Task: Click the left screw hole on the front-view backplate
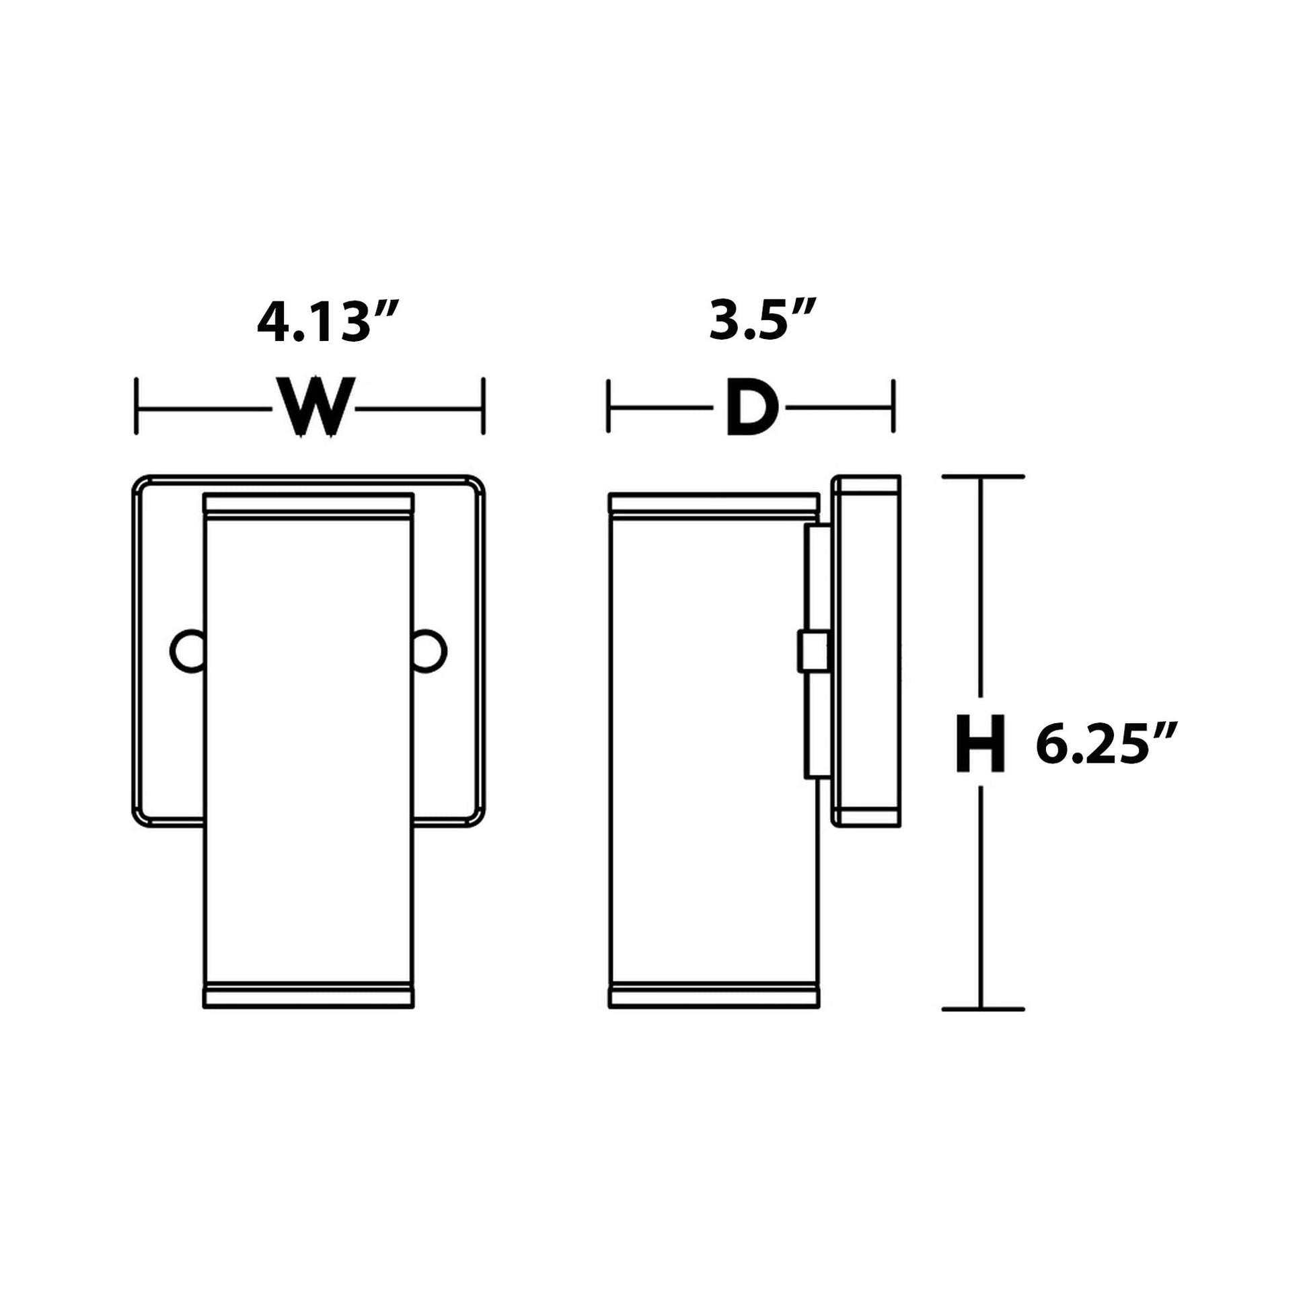click(x=187, y=651)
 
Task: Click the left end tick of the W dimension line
click(x=137, y=406)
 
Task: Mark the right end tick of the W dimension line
click(x=483, y=406)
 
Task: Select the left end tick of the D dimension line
click(x=609, y=406)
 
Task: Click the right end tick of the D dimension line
click(x=894, y=406)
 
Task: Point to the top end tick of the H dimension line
click(x=983, y=477)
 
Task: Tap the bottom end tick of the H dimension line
click(x=983, y=1028)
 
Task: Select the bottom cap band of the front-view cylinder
click(x=308, y=1014)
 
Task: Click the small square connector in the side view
click(x=813, y=651)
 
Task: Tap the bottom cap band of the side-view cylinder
click(x=714, y=1014)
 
